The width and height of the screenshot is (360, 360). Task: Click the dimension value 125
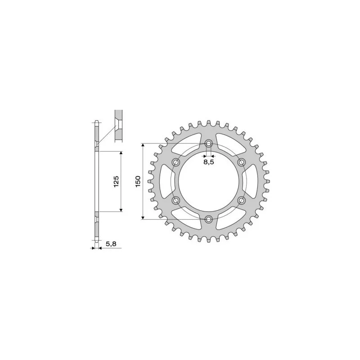(x=116, y=181)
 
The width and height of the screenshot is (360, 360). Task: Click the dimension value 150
(x=138, y=181)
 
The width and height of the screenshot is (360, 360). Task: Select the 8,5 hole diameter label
(x=208, y=162)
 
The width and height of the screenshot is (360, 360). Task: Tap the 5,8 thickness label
(x=110, y=244)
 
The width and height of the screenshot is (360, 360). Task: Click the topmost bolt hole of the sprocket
(x=208, y=143)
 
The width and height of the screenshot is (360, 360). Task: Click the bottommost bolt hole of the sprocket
(x=208, y=219)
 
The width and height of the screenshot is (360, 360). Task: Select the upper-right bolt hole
(x=242, y=162)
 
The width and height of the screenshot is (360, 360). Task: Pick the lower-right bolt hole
(x=242, y=200)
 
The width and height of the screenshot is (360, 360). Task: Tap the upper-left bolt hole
(x=175, y=162)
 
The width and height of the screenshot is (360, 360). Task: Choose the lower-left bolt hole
(x=175, y=200)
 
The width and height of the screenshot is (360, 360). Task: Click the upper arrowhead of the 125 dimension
(x=121, y=153)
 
